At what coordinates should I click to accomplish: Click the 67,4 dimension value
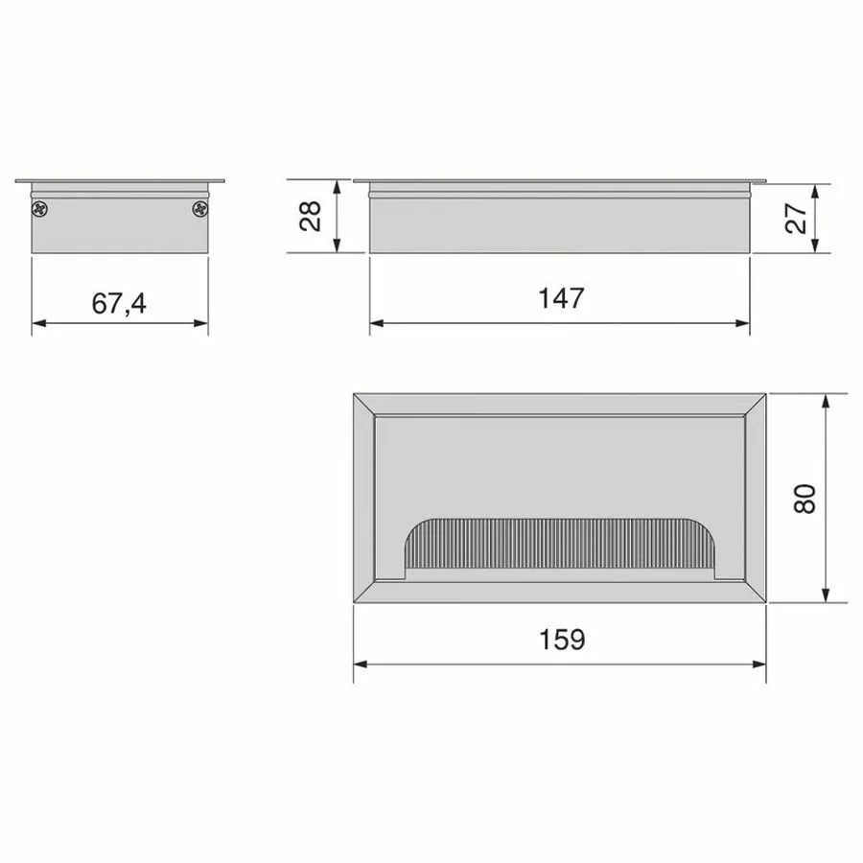pyautogui.click(x=119, y=303)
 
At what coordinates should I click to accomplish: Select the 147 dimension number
pyautogui.click(x=561, y=298)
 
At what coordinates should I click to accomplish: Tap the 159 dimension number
pyautogui.click(x=562, y=640)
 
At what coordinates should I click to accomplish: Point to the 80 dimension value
pyautogui.click(x=805, y=500)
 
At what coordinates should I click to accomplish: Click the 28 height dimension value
pyautogui.click(x=311, y=216)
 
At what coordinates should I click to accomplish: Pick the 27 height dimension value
pyautogui.click(x=796, y=218)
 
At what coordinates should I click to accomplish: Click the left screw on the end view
pyautogui.click(x=40, y=209)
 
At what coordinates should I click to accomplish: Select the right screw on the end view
pyautogui.click(x=200, y=209)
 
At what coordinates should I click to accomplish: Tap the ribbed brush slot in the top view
pyautogui.click(x=560, y=544)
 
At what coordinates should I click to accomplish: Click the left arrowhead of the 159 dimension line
pyautogui.click(x=361, y=665)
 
